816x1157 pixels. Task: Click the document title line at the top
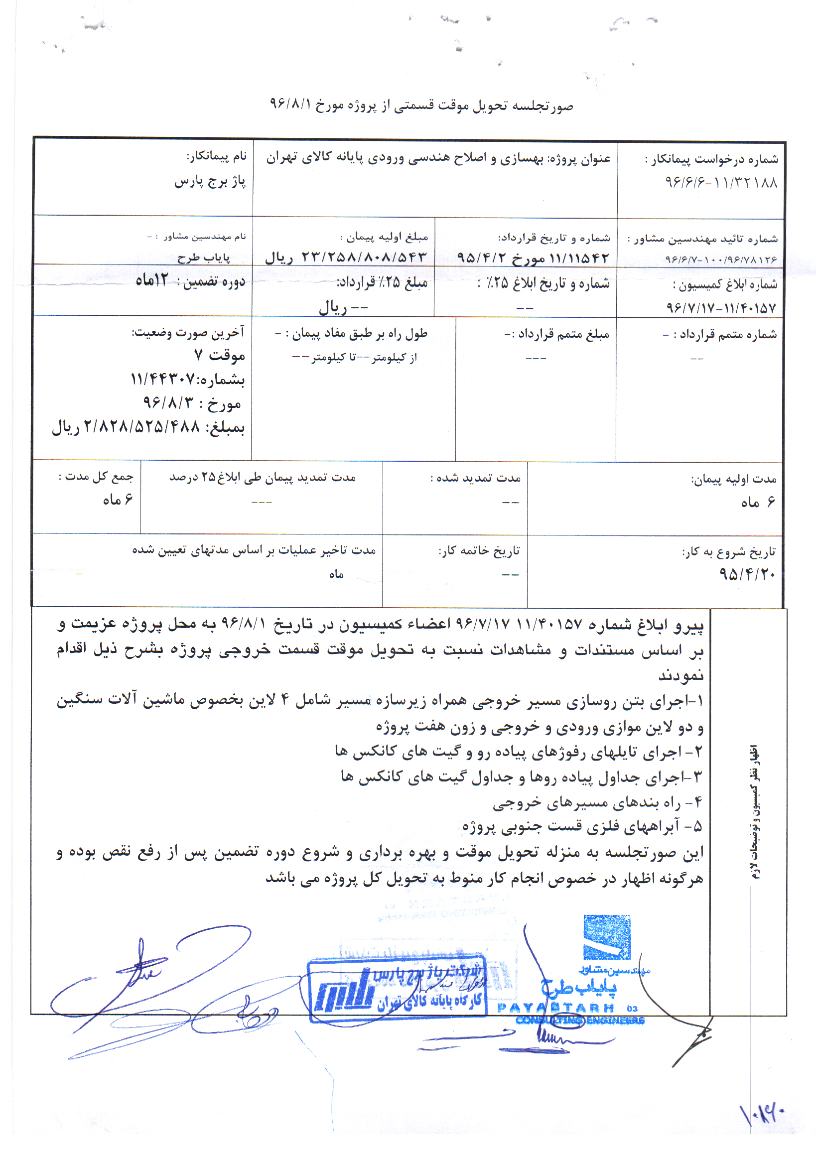(x=421, y=105)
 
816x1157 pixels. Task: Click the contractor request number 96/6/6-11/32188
(x=721, y=182)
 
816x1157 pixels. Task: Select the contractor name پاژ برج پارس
(x=210, y=181)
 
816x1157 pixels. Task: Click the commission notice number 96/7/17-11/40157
(x=721, y=307)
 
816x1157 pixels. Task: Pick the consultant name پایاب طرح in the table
(x=204, y=258)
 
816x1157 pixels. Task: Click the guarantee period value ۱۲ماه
(x=152, y=280)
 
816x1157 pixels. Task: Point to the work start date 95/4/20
(x=747, y=573)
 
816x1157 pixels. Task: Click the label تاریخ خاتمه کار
(x=479, y=551)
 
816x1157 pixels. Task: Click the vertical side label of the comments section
(x=755, y=811)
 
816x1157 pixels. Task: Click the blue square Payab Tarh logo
(x=607, y=937)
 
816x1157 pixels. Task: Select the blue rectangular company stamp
(x=397, y=990)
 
